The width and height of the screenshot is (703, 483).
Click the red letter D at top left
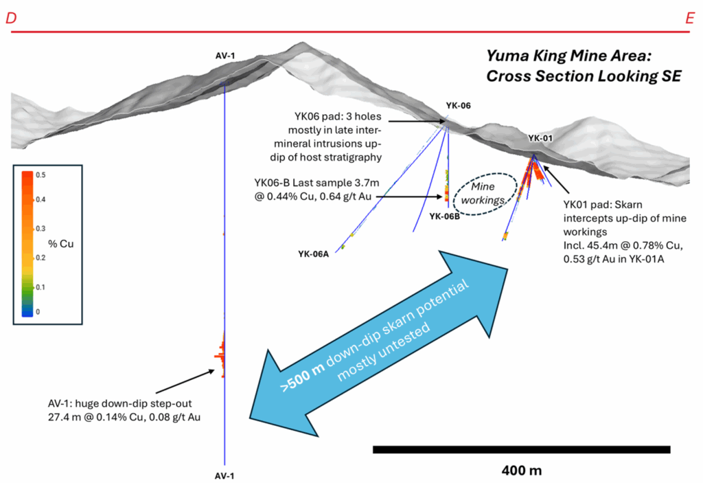tap(11, 19)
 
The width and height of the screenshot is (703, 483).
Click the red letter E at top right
tap(689, 19)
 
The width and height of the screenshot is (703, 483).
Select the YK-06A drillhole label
tap(314, 254)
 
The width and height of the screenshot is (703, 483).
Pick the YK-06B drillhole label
tap(445, 216)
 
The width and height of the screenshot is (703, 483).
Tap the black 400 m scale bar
tap(521, 449)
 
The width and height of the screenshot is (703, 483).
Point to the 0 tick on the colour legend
tap(38, 312)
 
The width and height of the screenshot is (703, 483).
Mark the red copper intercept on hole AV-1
tap(222, 356)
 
